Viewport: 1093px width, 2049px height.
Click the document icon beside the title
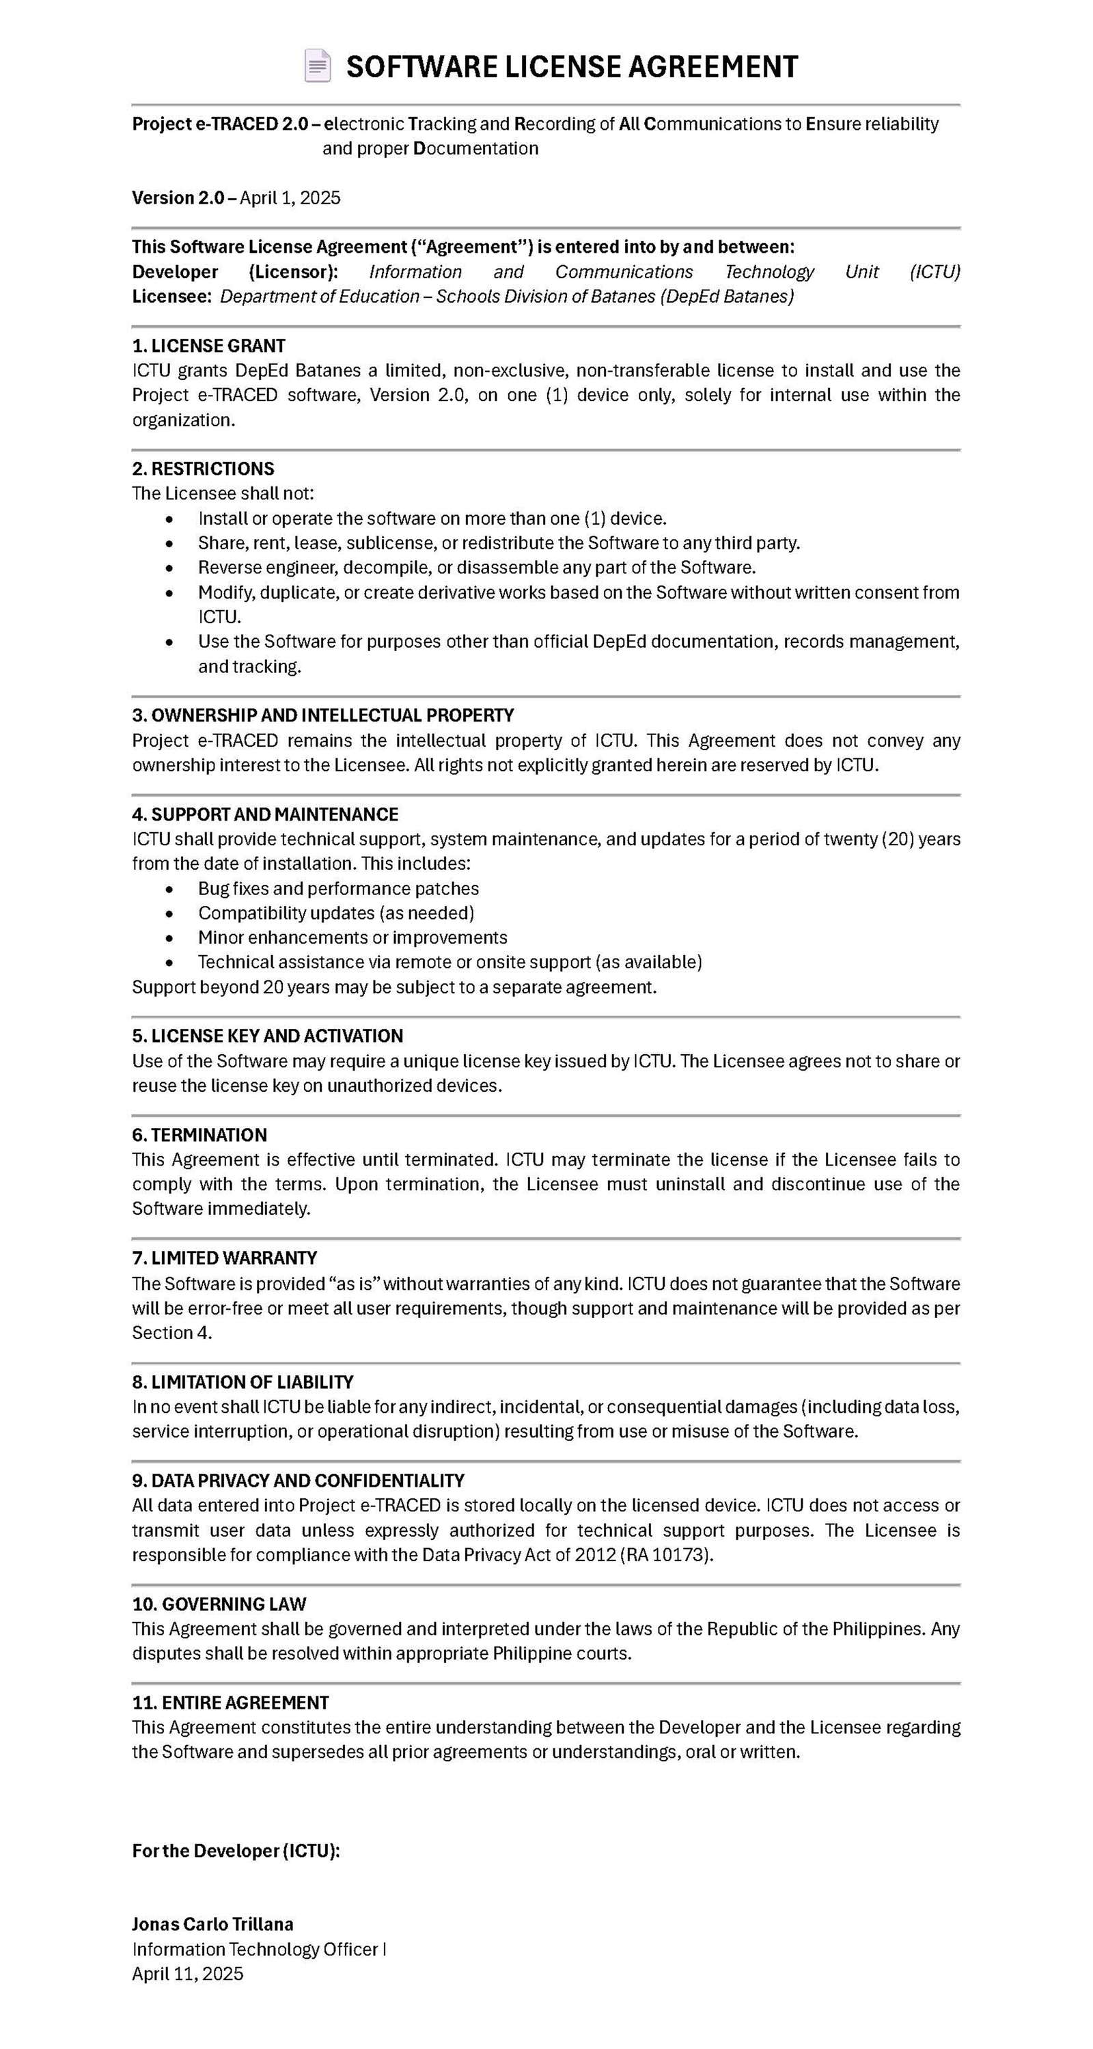point(318,66)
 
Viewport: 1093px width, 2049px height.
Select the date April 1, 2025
point(290,198)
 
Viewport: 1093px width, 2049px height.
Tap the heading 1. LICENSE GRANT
point(208,346)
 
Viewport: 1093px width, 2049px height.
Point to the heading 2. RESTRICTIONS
point(203,469)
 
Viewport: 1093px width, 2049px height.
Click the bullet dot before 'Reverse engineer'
point(169,568)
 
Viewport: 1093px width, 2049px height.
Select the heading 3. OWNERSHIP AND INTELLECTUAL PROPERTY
point(323,715)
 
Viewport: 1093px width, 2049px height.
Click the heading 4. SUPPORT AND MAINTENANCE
point(265,814)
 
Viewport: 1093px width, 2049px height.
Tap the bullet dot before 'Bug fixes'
point(169,890)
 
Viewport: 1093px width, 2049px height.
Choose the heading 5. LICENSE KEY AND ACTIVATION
point(267,1036)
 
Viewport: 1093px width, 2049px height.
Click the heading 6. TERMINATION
point(199,1135)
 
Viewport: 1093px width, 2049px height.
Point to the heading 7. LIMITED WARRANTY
point(224,1259)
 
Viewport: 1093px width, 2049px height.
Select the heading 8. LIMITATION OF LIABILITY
point(243,1382)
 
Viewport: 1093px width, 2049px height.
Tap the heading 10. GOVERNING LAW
point(219,1604)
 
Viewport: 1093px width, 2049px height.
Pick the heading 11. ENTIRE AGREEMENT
point(230,1703)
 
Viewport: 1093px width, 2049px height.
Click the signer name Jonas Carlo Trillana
point(212,1924)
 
